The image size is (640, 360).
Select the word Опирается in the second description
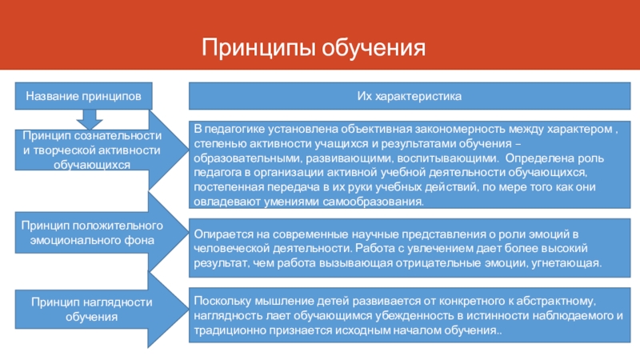[219, 234]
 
